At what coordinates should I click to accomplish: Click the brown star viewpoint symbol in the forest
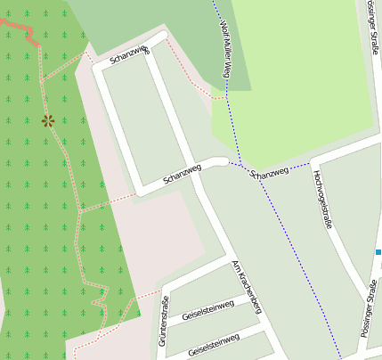pos(47,120)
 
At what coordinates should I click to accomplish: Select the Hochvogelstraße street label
pos(323,200)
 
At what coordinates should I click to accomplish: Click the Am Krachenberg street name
pos(246,287)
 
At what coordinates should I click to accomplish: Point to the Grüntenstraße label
pos(164,321)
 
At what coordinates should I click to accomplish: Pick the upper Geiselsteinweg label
pos(207,310)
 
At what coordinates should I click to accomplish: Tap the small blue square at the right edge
pos(378,252)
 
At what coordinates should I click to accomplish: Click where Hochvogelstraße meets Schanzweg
pos(312,162)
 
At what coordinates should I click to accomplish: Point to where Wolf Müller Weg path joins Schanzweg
pos(233,163)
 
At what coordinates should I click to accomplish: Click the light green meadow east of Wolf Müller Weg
pos(294,71)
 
